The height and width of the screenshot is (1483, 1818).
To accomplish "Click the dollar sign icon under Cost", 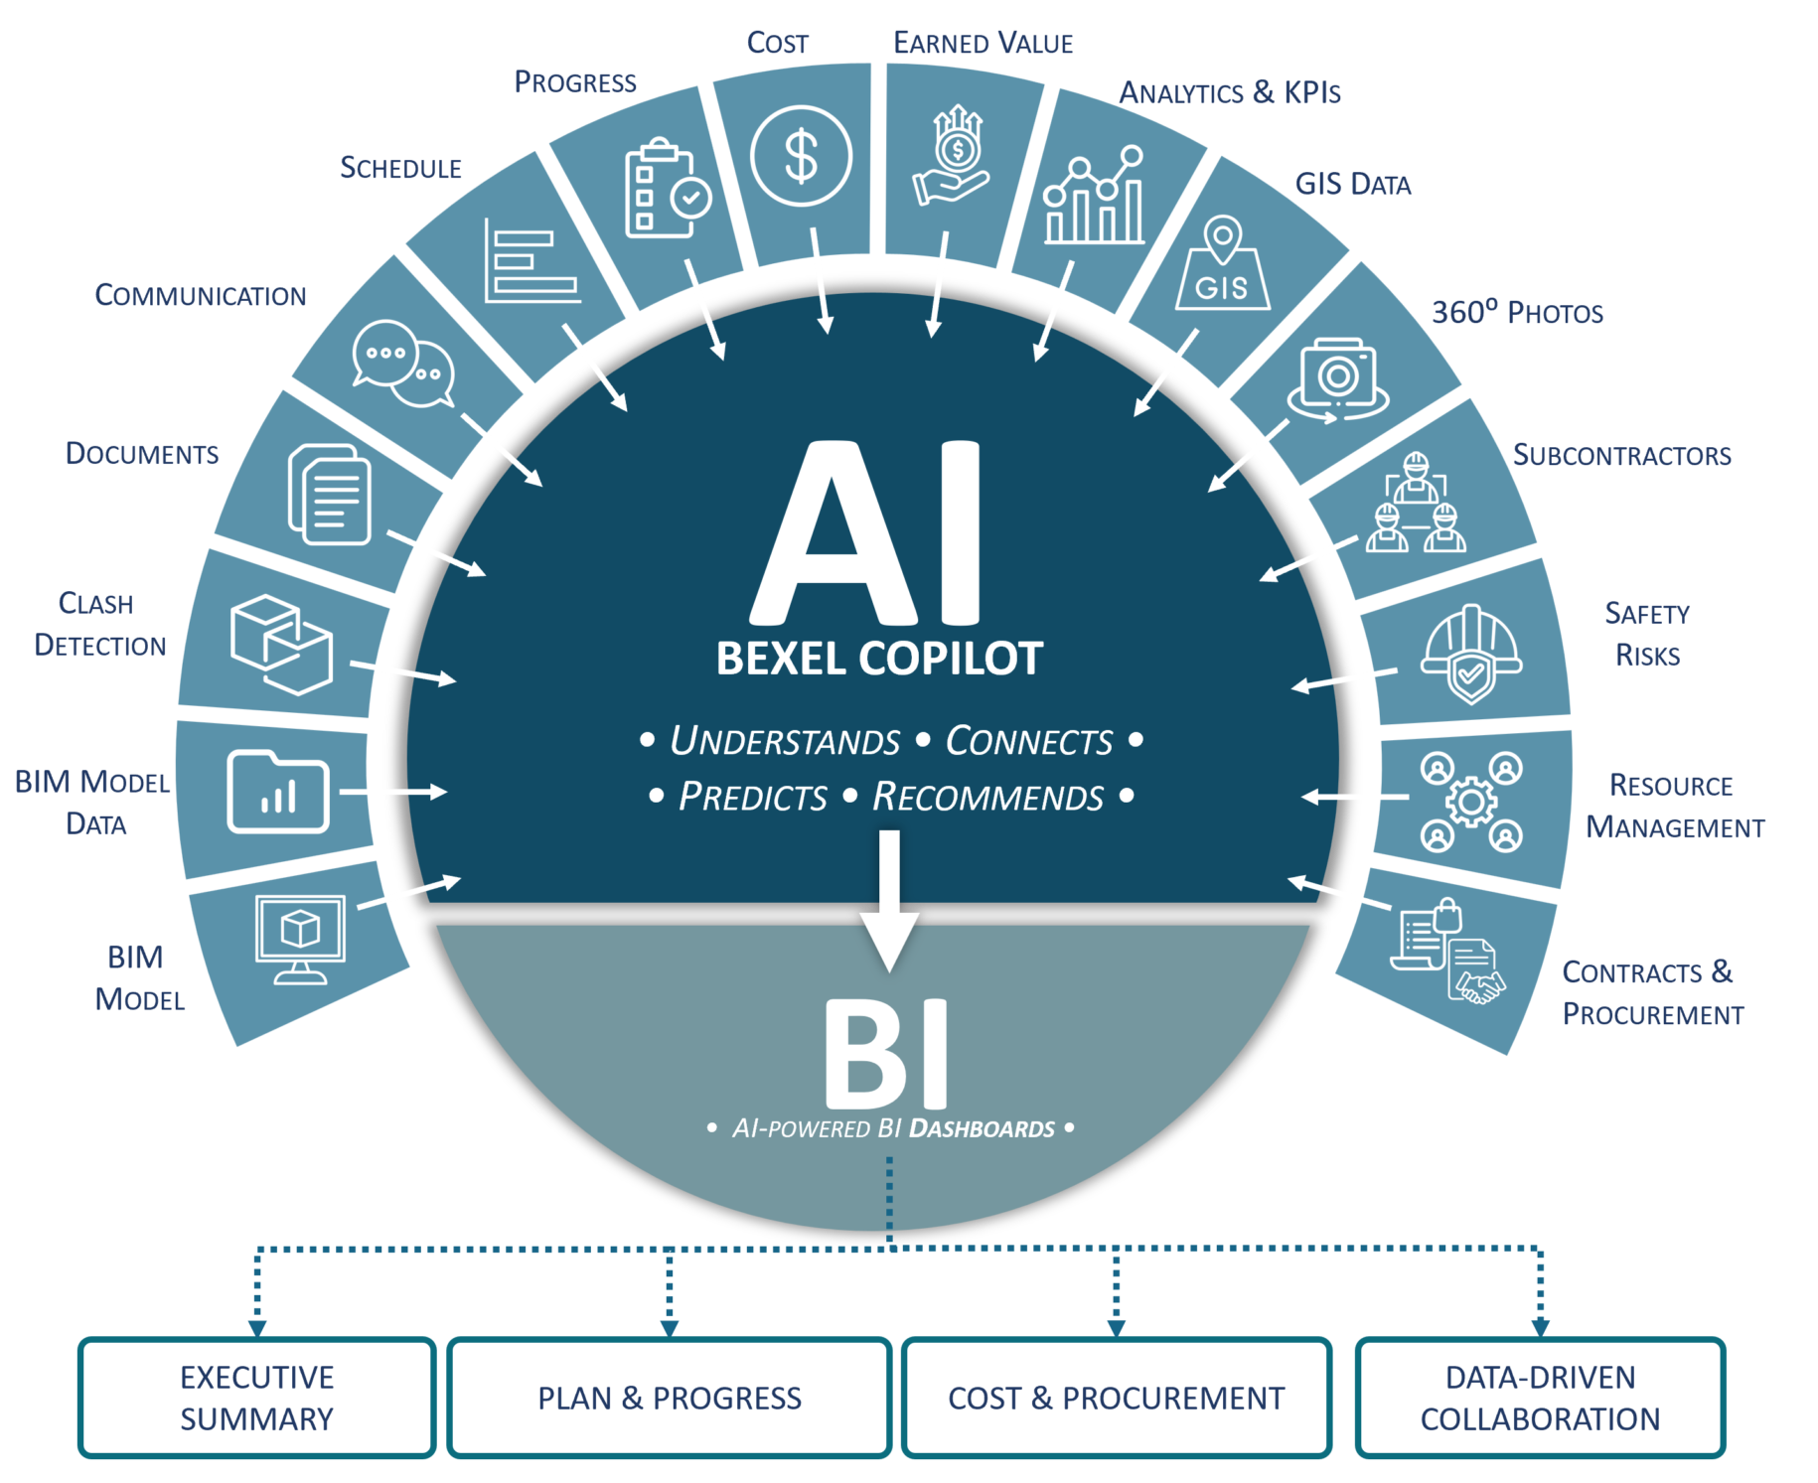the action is click(x=801, y=156).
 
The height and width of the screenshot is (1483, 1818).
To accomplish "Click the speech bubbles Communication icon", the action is click(x=403, y=364).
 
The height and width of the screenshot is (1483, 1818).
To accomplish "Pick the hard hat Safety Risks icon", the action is click(x=1471, y=653).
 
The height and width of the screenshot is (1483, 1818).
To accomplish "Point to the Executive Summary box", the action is click(x=257, y=1398).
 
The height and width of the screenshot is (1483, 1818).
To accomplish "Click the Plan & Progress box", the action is click(x=670, y=1398).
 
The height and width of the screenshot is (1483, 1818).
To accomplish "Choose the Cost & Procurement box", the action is click(x=1117, y=1398).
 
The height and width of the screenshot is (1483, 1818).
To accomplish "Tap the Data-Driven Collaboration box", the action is click(x=1540, y=1398).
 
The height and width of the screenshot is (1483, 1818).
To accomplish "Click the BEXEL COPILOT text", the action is click(x=879, y=659).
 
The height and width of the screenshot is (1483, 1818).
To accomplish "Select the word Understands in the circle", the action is click(x=785, y=741).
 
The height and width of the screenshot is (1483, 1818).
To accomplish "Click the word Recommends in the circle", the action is click(x=987, y=797).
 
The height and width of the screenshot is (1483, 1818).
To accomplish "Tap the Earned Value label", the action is click(x=984, y=43).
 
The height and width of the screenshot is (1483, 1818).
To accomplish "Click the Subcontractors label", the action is click(x=1622, y=455).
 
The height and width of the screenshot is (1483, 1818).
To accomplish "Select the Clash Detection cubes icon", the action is click(x=281, y=644).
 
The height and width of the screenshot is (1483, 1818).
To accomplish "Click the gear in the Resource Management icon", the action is click(x=1471, y=802).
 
